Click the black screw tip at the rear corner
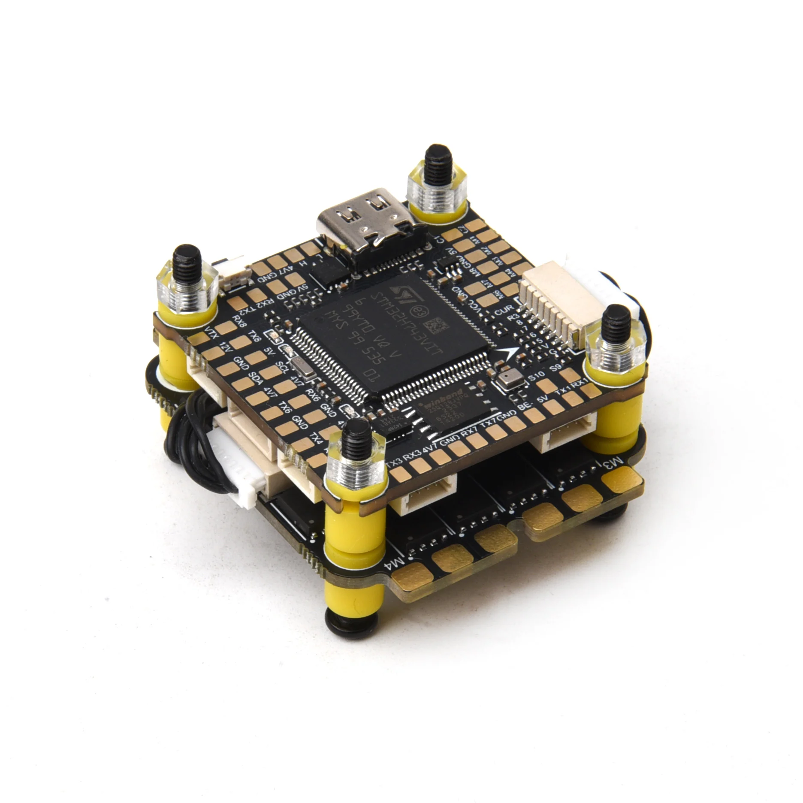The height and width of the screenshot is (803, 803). (x=434, y=157)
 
